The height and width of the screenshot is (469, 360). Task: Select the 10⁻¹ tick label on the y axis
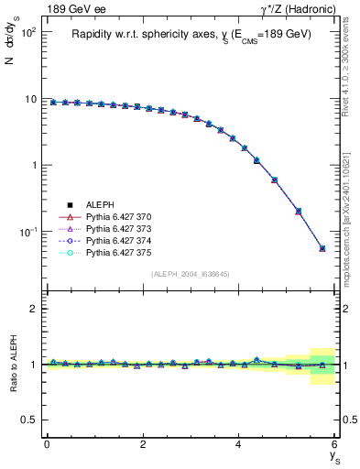[27, 232]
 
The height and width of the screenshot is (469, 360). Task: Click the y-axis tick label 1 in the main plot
[34, 166]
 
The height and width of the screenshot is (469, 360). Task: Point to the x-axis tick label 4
[239, 444]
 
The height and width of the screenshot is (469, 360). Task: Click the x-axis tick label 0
[47, 444]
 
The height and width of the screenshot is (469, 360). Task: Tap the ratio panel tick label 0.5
[29, 420]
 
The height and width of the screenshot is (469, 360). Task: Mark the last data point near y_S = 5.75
[322, 248]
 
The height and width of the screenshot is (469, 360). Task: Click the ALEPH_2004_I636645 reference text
[191, 274]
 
